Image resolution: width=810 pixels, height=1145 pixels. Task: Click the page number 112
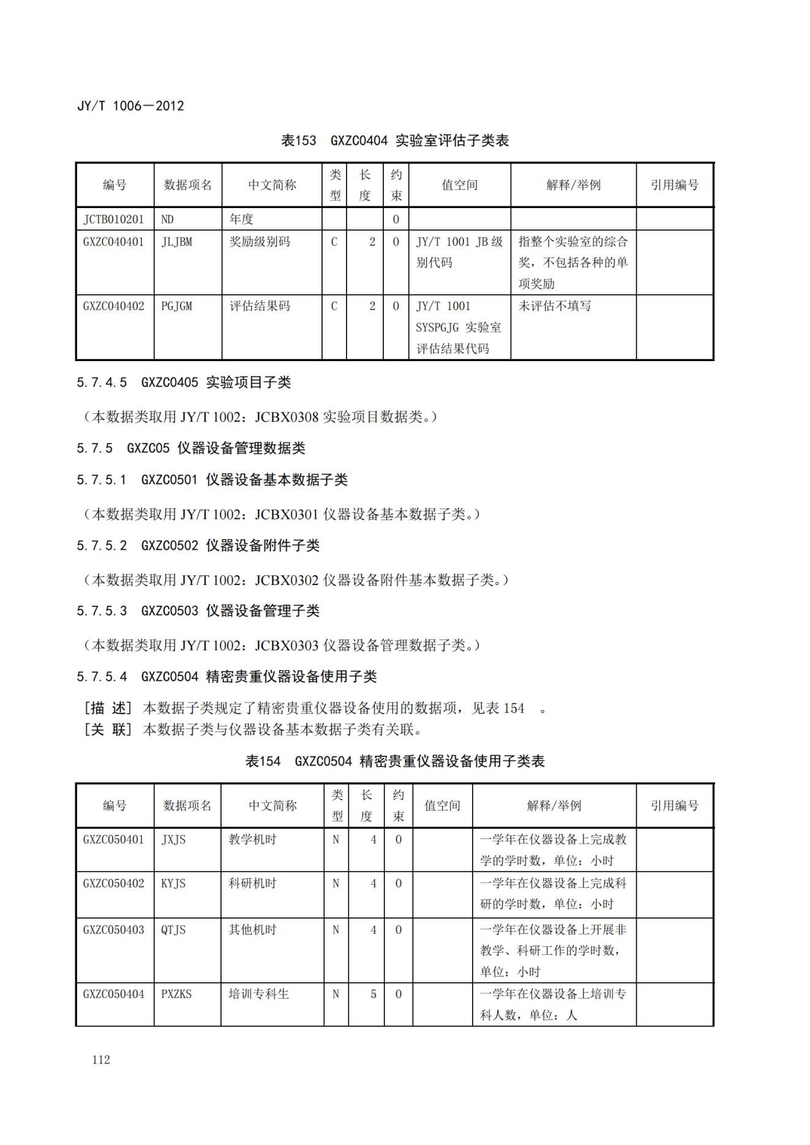101,1059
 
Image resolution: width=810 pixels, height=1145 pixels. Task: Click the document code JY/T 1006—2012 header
130,106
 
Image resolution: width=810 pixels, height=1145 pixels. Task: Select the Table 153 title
395,141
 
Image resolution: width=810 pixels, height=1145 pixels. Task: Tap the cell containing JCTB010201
114,219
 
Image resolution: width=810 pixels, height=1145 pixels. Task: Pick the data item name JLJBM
177,242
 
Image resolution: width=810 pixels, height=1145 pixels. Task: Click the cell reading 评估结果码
260,306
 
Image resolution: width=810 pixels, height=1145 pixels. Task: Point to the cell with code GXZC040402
114,306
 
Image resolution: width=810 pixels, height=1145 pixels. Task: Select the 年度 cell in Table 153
241,219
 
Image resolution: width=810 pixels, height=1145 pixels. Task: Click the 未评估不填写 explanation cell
555,306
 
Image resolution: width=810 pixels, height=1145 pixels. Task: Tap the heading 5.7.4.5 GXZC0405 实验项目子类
184,382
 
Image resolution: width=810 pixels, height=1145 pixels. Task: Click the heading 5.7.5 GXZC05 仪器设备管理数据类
191,448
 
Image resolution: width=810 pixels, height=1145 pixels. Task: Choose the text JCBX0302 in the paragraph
287,580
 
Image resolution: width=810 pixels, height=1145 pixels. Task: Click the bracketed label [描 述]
108,708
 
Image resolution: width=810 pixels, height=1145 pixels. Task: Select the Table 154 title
395,761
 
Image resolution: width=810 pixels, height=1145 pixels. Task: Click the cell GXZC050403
114,930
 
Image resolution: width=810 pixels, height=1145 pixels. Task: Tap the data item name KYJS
173,883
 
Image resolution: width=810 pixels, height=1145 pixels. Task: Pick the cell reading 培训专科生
258,994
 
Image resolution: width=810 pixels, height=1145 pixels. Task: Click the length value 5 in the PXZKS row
373,994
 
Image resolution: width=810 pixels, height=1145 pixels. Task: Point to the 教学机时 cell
252,840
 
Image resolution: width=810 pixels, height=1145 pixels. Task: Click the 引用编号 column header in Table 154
674,805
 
